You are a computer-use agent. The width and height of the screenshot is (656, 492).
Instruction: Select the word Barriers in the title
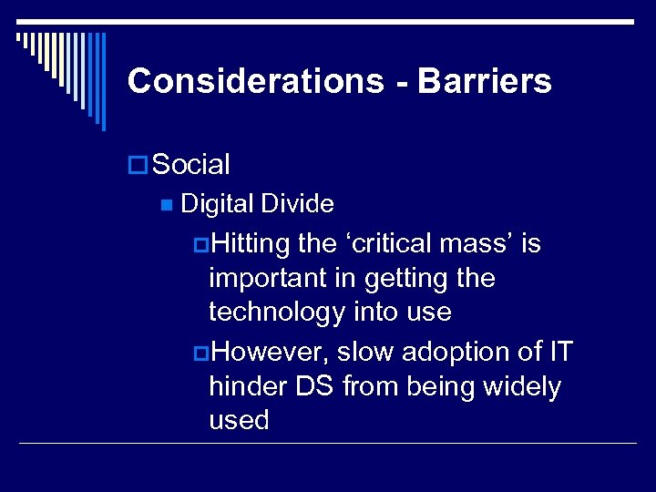pyautogui.click(x=485, y=82)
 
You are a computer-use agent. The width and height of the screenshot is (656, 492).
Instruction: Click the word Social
pyautogui.click(x=191, y=165)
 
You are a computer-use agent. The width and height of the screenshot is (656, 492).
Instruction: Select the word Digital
pyautogui.click(x=218, y=204)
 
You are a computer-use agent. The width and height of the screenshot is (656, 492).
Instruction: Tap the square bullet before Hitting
pyautogui.click(x=200, y=245)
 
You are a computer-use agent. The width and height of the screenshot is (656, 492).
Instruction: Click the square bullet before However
pyautogui.click(x=200, y=353)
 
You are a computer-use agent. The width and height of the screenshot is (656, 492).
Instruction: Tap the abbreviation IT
pyautogui.click(x=559, y=352)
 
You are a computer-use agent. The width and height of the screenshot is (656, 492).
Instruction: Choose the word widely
pyautogui.click(x=522, y=386)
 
